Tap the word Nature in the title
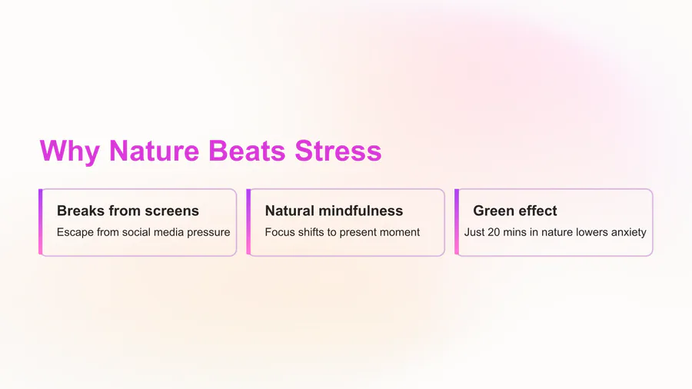tap(154, 151)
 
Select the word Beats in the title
tap(247, 151)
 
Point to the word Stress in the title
tap(338, 151)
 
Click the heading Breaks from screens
tap(128, 211)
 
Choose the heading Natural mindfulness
tap(334, 211)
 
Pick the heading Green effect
tap(515, 211)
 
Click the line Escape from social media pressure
tap(144, 232)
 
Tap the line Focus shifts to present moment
tap(342, 232)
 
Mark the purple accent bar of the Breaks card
tap(41, 222)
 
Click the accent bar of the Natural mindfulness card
tap(248, 222)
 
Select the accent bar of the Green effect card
tap(457, 222)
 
